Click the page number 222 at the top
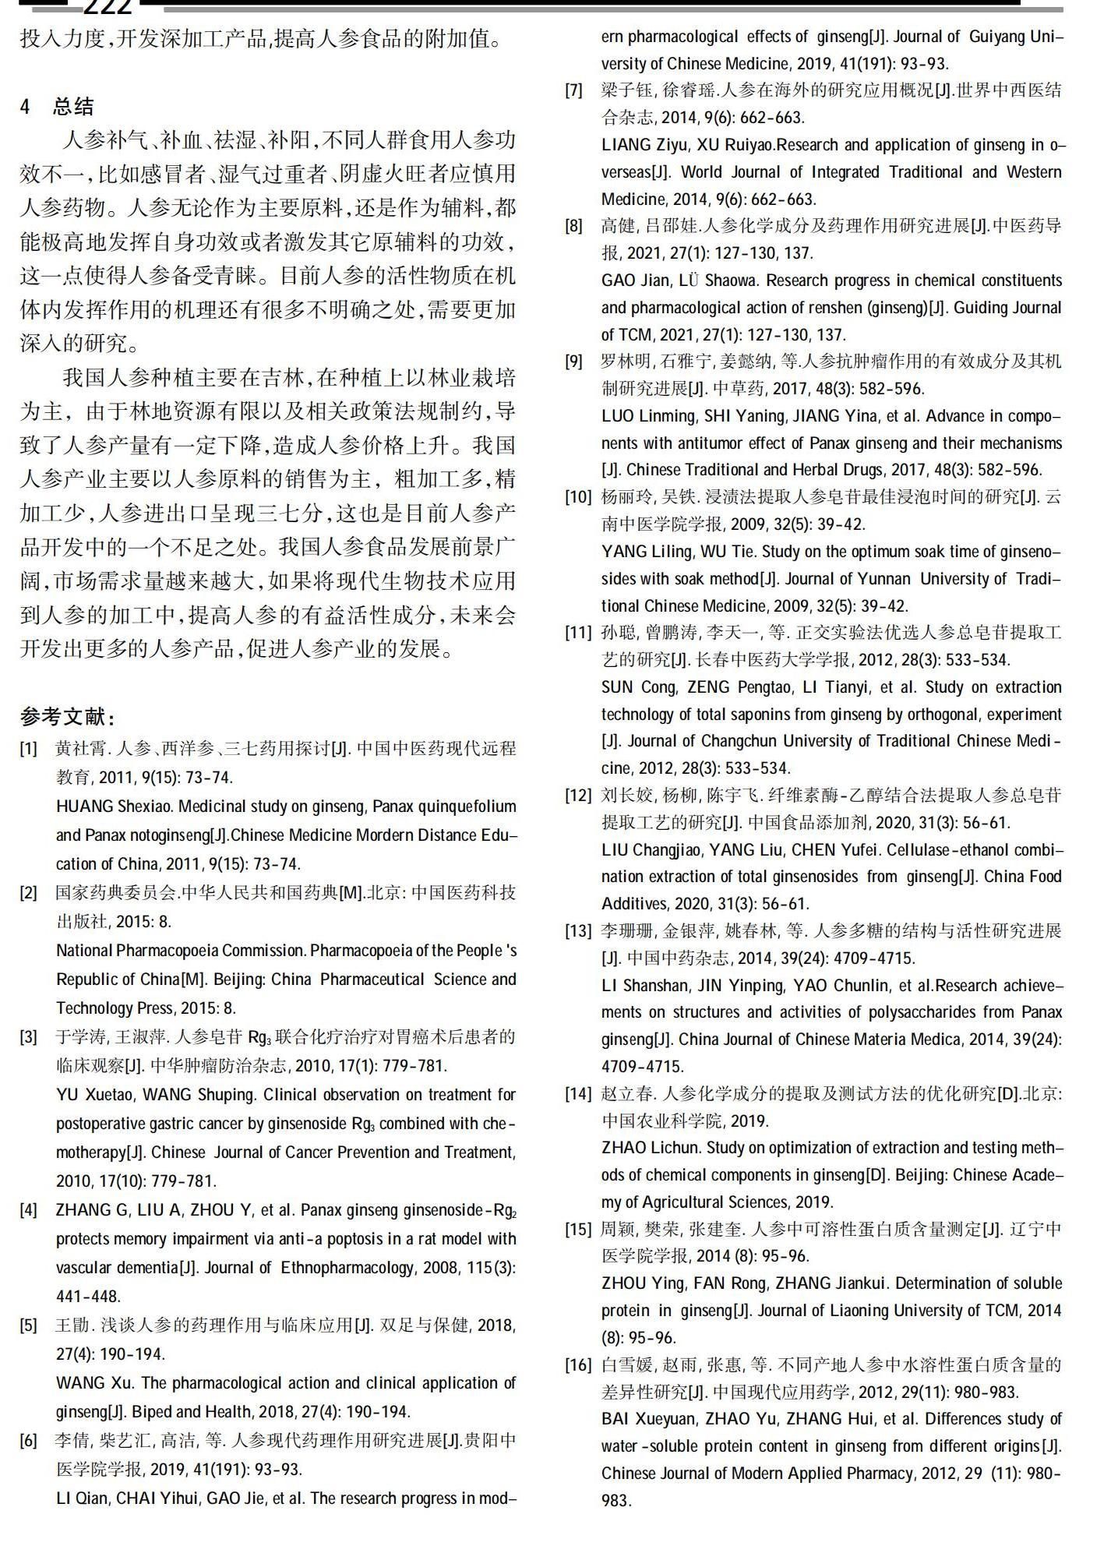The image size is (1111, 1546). pos(108,8)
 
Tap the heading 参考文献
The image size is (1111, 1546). pos(68,715)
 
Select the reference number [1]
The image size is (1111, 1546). pos(28,749)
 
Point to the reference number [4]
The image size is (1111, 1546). pos(28,1210)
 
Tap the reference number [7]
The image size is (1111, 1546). pos(573,90)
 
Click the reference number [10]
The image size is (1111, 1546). pos(578,497)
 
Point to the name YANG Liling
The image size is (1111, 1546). pos(647,552)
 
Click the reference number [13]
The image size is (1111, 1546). pos(578,931)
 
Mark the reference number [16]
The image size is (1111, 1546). pos(578,1364)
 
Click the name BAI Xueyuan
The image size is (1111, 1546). pos(648,1419)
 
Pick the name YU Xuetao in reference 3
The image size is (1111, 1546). pos(94,1095)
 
